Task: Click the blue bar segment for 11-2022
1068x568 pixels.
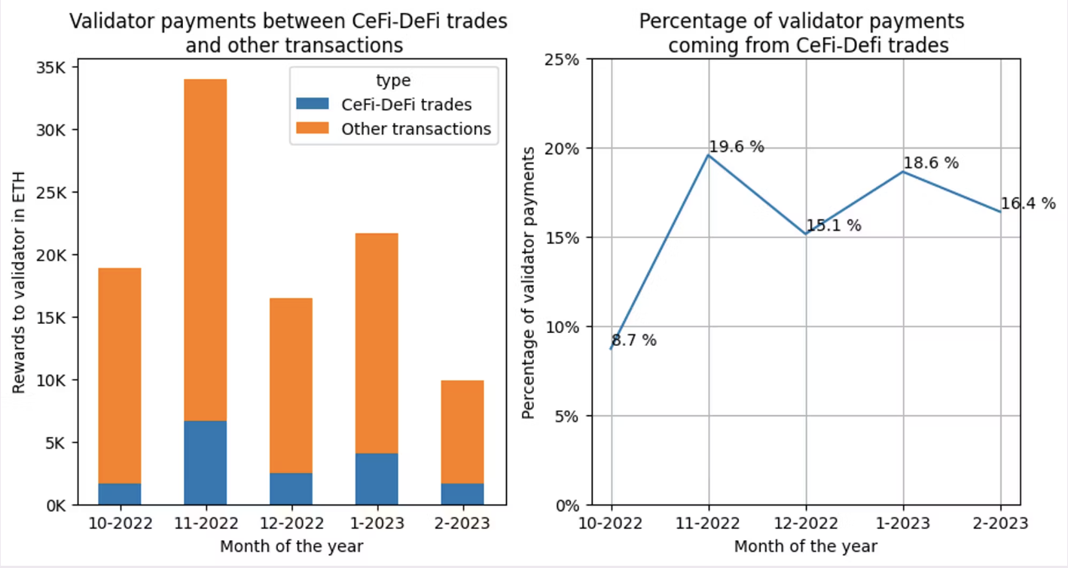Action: click(x=205, y=463)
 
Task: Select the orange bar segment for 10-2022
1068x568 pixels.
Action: click(x=119, y=375)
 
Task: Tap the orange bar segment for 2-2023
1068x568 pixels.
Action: click(x=462, y=432)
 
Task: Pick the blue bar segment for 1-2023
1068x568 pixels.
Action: click(x=377, y=479)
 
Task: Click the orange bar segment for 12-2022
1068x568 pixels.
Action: click(x=291, y=386)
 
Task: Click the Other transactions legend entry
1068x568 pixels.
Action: click(x=416, y=129)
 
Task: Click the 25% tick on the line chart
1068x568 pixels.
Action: click(x=563, y=59)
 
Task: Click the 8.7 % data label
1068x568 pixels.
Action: click(x=633, y=340)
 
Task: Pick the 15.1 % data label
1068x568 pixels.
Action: click(x=833, y=225)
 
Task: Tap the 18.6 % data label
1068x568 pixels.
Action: click(x=931, y=163)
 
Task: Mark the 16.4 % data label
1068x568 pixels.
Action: click(x=1028, y=203)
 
